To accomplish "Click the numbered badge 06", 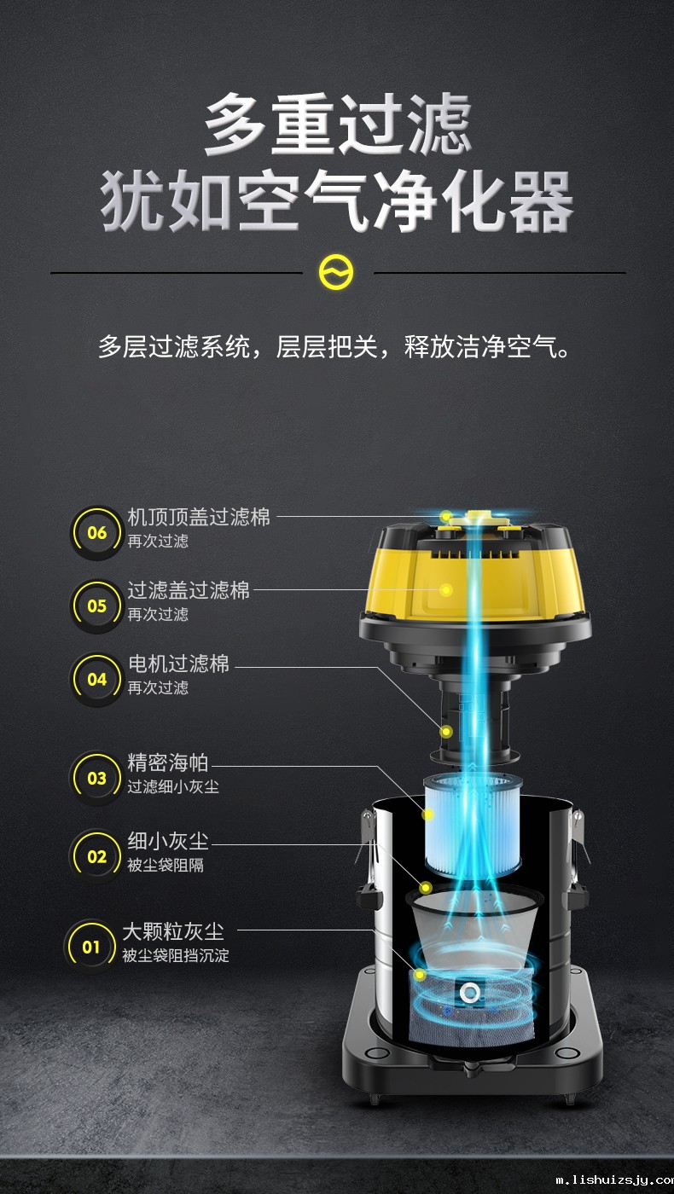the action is click(x=96, y=532).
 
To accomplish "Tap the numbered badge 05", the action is click(x=96, y=606).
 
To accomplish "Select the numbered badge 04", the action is click(x=96, y=680).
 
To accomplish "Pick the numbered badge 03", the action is click(x=96, y=779).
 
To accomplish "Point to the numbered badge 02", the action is click(x=96, y=856).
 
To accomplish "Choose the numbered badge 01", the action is click(x=90, y=948).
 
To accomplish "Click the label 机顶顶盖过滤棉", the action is click(x=199, y=517).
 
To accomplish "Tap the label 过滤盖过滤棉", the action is click(x=189, y=590).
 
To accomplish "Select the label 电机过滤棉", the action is click(x=178, y=664).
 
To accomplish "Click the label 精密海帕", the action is click(x=167, y=762).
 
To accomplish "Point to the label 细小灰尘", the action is click(x=167, y=841).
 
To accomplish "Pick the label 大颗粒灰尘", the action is click(x=172, y=931).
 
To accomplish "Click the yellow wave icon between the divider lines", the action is click(x=336, y=272).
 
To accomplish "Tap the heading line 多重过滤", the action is click(x=338, y=124).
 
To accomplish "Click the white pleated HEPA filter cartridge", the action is click(x=473, y=824).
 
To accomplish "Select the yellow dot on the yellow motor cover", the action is click(x=446, y=589).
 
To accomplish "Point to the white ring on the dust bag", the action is click(x=469, y=993).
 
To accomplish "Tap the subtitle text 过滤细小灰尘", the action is click(x=172, y=786).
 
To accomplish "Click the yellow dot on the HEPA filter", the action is click(x=427, y=814).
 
